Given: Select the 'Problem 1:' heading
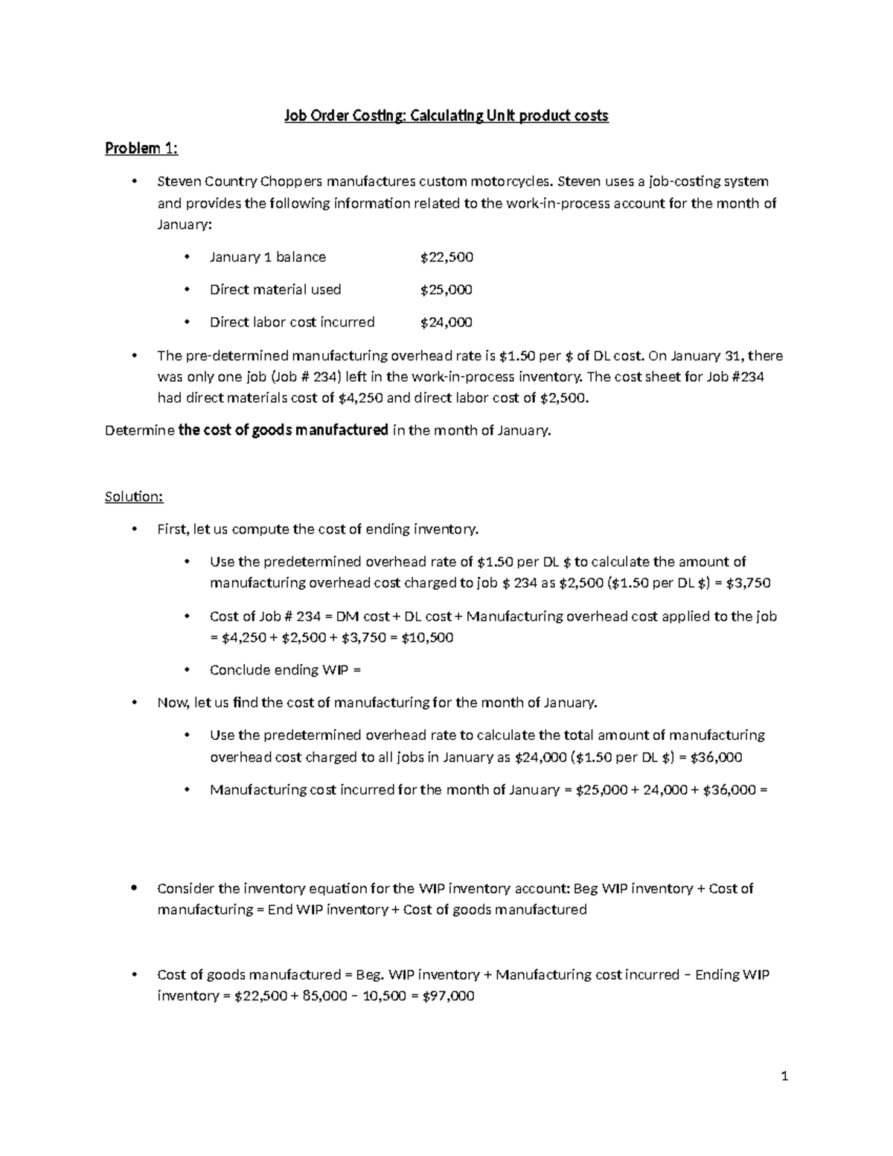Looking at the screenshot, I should pyautogui.click(x=141, y=149).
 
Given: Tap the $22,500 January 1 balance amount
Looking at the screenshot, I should pyautogui.click(x=446, y=258).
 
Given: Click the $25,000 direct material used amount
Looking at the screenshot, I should pyautogui.click(x=446, y=290).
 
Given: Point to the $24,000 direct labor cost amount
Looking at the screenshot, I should pyautogui.click(x=446, y=322).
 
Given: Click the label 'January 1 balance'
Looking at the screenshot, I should pyautogui.click(x=268, y=258).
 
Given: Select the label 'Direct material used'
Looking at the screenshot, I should pyautogui.click(x=275, y=290).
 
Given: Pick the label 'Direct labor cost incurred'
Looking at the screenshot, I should pyautogui.click(x=292, y=322).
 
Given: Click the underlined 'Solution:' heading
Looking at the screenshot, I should pyautogui.click(x=134, y=496).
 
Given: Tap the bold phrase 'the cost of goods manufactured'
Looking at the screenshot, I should pyautogui.click(x=284, y=430).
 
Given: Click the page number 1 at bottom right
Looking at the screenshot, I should pyautogui.click(x=784, y=1076).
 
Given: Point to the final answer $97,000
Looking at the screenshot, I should pyautogui.click(x=448, y=996).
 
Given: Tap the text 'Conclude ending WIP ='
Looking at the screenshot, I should pyautogui.click(x=285, y=670).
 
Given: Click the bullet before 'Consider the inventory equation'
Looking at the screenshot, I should pyautogui.click(x=134, y=888).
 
